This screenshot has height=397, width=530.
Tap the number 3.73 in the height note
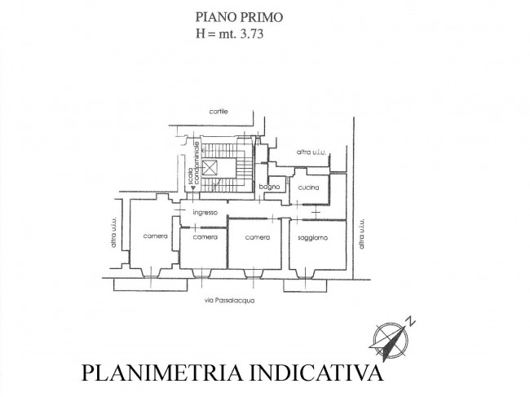pyautogui.click(x=251, y=33)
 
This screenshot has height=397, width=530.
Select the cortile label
pyautogui.click(x=219, y=111)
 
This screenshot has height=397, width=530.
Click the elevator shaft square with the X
pyautogui.click(x=210, y=168)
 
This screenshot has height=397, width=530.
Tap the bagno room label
pyautogui.click(x=269, y=187)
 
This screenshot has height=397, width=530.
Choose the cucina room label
pyautogui.click(x=308, y=187)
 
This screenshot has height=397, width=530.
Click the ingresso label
pyautogui.click(x=205, y=213)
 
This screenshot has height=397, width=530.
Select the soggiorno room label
pyautogui.click(x=312, y=238)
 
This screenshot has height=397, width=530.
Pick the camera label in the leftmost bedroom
pyautogui.click(x=155, y=236)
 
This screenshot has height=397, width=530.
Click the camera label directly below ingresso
pyautogui.click(x=205, y=237)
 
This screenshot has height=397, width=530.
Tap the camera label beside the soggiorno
pyautogui.click(x=257, y=237)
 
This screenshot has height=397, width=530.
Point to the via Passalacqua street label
pyautogui.click(x=229, y=300)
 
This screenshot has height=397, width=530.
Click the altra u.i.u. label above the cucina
pyautogui.click(x=311, y=152)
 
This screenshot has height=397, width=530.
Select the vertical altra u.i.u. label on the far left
pyautogui.click(x=113, y=232)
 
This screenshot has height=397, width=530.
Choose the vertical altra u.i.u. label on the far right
pyautogui.click(x=362, y=234)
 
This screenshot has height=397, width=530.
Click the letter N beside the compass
pyautogui.click(x=410, y=320)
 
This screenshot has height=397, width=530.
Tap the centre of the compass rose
pyautogui.click(x=390, y=338)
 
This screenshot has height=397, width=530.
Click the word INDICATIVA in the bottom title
pyautogui.click(x=316, y=373)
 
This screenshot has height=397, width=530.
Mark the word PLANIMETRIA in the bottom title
pyautogui.click(x=162, y=373)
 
